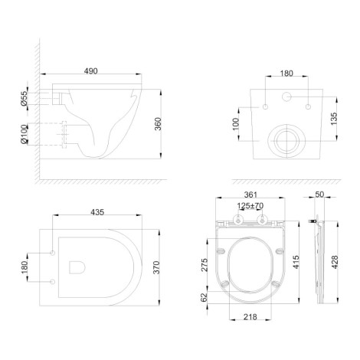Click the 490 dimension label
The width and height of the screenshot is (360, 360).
point(91,71)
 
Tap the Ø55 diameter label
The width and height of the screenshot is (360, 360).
point(24,98)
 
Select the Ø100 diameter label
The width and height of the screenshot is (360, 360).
point(25,134)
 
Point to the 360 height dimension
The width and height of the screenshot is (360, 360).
point(159,124)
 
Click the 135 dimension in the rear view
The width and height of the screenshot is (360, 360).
point(334,119)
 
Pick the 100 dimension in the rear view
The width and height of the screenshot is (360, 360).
point(236,124)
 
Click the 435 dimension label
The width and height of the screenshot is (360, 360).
point(97,212)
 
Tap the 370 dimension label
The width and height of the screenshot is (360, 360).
point(156,267)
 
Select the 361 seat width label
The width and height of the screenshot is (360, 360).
point(250,195)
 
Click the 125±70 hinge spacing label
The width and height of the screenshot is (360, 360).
point(250,205)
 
